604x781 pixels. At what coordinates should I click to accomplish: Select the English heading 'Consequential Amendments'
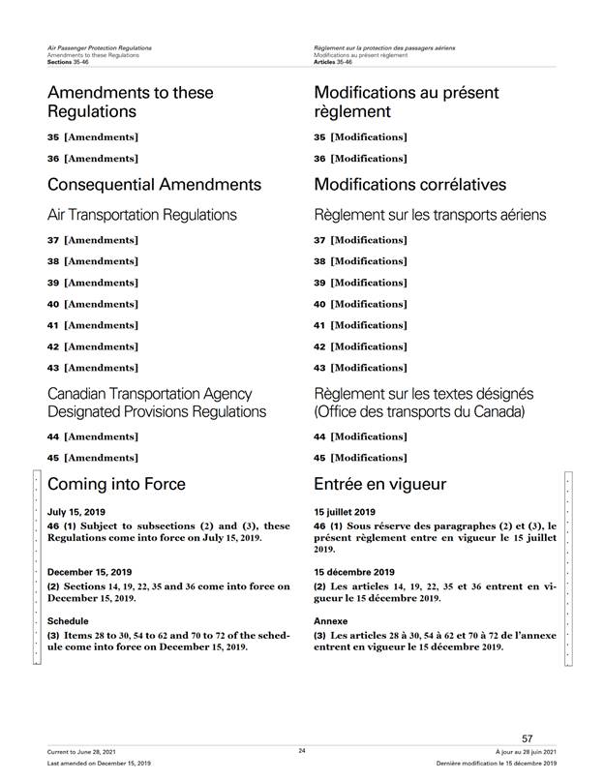154,184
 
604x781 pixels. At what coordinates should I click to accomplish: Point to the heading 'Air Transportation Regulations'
142,214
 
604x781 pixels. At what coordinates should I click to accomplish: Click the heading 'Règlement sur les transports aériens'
430,214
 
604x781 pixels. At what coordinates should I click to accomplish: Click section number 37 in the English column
54,240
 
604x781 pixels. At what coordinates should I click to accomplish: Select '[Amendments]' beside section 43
101,368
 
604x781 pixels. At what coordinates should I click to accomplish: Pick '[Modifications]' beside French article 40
369,304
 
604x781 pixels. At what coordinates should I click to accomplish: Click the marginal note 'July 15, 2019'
76,511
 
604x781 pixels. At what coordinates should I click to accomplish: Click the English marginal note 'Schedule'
69,621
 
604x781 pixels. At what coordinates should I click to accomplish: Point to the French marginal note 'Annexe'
331,621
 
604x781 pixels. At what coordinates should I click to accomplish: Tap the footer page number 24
301,750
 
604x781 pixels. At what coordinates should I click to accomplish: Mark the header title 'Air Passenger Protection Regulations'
104,47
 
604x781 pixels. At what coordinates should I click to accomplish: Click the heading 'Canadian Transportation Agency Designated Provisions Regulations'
157,403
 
